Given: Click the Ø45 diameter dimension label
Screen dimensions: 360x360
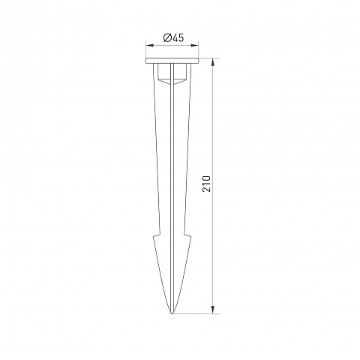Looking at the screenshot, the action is [173, 38].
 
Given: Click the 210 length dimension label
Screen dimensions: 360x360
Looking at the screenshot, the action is [206, 184].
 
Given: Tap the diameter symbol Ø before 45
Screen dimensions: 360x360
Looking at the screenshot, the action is [166, 38].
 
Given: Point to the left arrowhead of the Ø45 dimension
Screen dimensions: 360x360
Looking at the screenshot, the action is [149, 46].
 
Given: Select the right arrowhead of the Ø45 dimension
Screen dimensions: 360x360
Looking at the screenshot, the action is [195, 46].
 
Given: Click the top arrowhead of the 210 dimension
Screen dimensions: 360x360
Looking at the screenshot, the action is [213, 62].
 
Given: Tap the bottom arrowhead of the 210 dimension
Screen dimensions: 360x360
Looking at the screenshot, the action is [213, 310].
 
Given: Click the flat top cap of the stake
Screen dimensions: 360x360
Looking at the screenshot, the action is [172, 61].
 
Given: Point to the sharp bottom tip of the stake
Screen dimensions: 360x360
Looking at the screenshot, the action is [172, 313].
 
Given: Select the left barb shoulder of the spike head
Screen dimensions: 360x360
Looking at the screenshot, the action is [157, 235].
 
